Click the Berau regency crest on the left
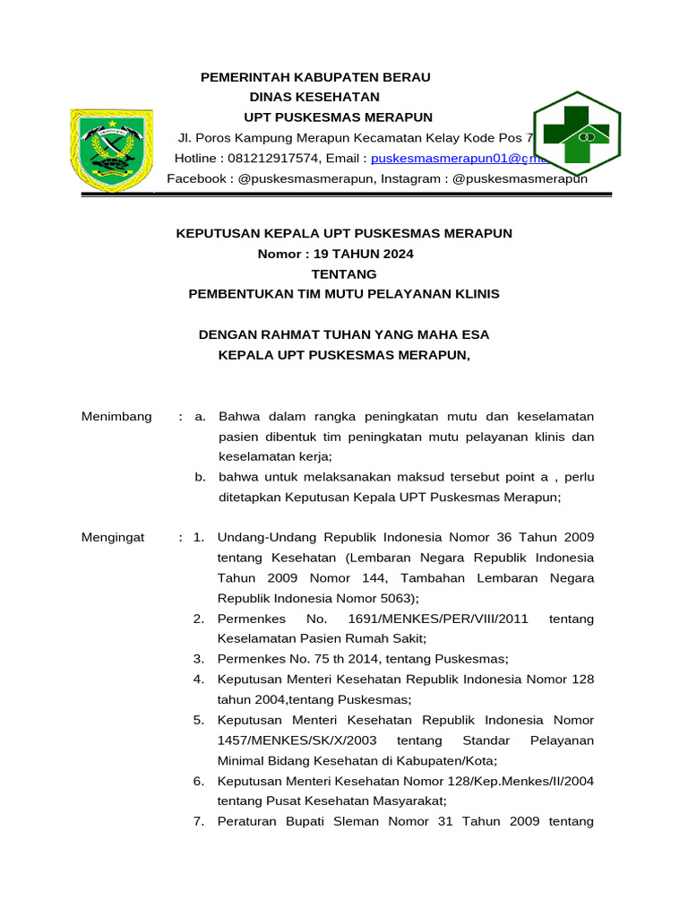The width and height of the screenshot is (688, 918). tap(112, 151)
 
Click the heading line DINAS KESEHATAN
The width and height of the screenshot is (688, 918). tap(314, 97)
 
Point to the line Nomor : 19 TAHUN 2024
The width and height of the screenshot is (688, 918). tap(336, 254)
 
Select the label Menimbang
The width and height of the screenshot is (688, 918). tap(116, 417)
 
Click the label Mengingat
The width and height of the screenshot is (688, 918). tap(113, 538)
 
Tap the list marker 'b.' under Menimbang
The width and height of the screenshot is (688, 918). tap(202, 476)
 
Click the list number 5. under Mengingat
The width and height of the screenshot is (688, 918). tap(200, 720)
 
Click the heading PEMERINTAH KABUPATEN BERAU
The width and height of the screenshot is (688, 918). tap(315, 77)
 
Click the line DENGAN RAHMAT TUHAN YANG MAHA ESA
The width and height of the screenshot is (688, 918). tap(344, 334)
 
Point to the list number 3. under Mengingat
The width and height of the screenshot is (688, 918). tap(200, 659)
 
